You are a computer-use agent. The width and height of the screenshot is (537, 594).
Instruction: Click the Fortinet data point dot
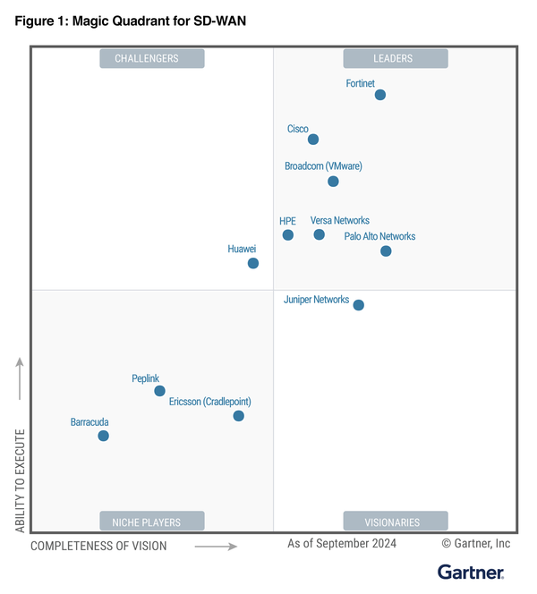pos(380,95)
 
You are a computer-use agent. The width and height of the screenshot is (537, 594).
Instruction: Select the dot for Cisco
pos(313,140)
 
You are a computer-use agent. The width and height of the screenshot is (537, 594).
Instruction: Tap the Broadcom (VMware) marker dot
pos(333,182)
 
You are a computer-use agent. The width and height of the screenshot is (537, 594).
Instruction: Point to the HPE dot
pos(288,235)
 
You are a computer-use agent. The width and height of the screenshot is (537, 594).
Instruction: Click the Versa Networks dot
pos(320,234)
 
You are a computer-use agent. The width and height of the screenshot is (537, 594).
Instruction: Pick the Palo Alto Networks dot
pos(386,251)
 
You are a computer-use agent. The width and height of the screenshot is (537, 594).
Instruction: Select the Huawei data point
pos(253,263)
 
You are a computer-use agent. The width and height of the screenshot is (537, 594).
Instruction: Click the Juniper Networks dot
pos(359,305)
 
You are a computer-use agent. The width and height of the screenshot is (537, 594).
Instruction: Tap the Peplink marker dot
pos(159,391)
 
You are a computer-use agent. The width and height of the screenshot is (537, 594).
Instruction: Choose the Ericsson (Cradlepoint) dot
pos(239,416)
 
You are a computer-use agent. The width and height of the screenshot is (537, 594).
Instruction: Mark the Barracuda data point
pos(104,436)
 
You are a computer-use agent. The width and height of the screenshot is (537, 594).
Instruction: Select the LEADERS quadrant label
pos(394,59)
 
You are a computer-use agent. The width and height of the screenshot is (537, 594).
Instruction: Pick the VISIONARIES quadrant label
pos(394,522)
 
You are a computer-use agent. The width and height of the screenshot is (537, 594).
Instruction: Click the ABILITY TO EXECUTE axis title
pos(20,483)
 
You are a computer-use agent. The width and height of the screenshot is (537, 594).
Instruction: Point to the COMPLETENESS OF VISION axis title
pos(98,545)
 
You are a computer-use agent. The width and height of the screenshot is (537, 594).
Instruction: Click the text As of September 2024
pos(341,543)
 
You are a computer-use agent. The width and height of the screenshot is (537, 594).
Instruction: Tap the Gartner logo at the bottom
pos(471,572)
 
